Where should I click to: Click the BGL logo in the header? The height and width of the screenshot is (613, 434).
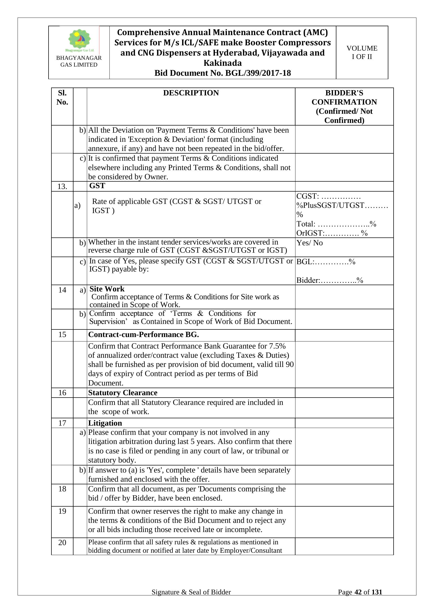79,40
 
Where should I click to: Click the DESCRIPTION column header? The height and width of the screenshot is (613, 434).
191,93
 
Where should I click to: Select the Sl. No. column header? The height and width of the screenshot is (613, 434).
62,97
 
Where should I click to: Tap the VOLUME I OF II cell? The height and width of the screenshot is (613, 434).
362,52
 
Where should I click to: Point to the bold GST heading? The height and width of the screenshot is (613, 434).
97,186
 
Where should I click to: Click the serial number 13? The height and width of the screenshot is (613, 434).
62,187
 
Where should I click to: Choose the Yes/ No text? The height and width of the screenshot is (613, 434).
309,243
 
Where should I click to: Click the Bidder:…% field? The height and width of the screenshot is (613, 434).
330,280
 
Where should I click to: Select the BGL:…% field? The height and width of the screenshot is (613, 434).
326,262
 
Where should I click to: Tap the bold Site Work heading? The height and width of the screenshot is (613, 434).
107,289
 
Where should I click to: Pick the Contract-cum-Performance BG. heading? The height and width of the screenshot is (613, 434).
144,334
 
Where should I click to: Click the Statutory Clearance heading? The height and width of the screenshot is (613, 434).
123,393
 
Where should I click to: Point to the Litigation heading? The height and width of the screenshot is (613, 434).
105,423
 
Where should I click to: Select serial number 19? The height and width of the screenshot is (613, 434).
62,511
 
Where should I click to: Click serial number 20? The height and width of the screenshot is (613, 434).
62,543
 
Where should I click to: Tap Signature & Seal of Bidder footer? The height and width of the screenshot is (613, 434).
191,592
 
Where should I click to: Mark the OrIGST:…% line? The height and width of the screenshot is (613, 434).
332,233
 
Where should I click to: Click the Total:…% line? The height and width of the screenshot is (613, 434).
336,224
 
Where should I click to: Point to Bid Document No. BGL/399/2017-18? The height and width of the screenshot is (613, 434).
223,73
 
